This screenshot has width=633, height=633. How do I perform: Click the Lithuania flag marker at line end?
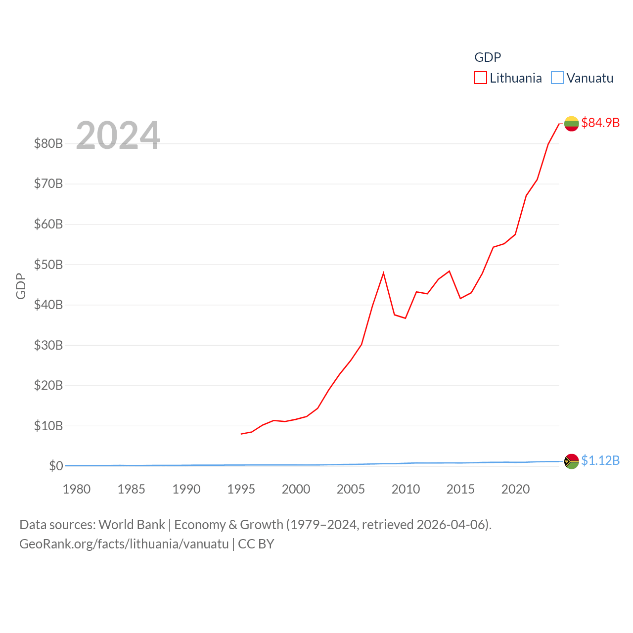[571, 124]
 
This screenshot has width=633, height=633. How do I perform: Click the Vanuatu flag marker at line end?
[571, 461]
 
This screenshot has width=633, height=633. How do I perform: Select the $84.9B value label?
[600, 123]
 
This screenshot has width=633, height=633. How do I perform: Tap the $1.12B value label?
[600, 460]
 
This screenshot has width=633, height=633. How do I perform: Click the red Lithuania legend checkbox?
[480, 78]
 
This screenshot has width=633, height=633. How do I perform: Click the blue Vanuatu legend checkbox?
[557, 78]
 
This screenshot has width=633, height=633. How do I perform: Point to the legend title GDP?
[488, 57]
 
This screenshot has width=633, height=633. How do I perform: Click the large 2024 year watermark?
[118, 136]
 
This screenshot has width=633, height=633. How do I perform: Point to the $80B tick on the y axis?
[48, 143]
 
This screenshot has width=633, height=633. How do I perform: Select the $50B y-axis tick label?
[48, 265]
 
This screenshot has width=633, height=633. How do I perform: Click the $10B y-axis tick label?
[48, 426]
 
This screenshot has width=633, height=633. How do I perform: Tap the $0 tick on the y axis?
[56, 466]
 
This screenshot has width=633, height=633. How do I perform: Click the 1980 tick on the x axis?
[77, 489]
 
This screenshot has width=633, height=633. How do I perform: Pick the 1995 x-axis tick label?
[241, 489]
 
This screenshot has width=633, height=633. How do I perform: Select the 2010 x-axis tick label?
[406, 489]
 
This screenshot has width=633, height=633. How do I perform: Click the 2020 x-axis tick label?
[515, 489]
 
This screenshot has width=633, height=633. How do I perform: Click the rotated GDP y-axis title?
[21, 286]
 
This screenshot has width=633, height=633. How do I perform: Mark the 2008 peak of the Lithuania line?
[383, 273]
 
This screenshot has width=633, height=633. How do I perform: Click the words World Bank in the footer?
[132, 524]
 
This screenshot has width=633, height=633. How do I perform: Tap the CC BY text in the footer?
[256, 544]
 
